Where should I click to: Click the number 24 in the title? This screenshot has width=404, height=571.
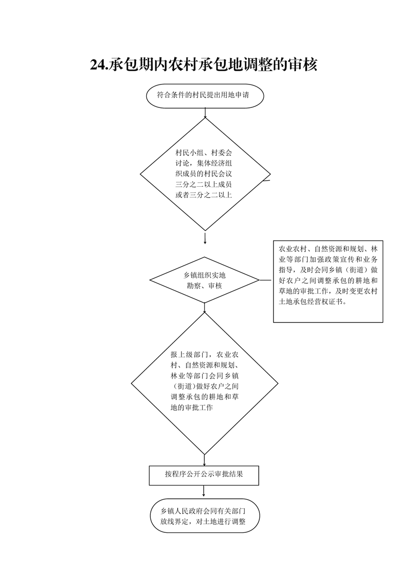97,65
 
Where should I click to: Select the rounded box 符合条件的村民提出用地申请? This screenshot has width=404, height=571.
205,96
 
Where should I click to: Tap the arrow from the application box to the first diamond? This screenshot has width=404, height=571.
205,113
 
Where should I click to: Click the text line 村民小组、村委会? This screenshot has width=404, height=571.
204,153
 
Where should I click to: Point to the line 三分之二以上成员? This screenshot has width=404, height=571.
204,184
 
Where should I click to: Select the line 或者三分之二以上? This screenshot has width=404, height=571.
204,195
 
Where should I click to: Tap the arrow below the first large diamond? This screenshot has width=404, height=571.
205,238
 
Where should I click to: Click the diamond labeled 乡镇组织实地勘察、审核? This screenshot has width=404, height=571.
205,280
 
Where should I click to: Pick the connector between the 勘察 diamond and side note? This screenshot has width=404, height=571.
265,280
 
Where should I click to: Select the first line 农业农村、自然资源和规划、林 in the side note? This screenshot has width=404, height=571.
328,249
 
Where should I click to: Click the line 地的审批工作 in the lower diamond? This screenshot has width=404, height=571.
192,408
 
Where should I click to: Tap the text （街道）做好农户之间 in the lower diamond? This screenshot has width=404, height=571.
205,386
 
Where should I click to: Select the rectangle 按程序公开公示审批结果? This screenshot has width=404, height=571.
204,475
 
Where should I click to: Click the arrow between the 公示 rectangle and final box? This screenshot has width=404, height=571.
203,491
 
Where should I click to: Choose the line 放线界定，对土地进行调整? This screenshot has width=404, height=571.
203,521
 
